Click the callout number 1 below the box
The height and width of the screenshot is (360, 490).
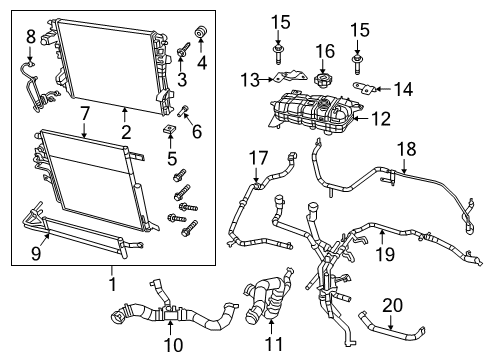pyautogui.click(x=113, y=283)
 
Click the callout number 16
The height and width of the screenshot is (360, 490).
pyautogui.click(x=324, y=50)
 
